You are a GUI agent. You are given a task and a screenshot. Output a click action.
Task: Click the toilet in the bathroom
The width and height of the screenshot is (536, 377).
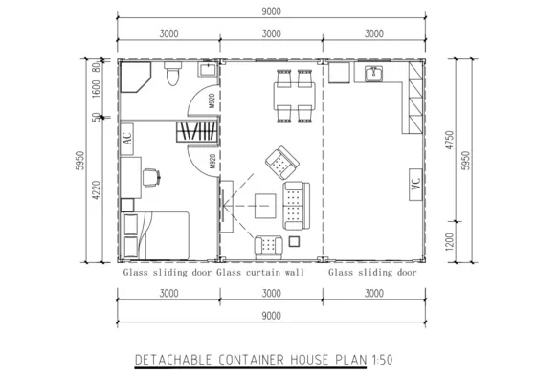[x=170, y=75]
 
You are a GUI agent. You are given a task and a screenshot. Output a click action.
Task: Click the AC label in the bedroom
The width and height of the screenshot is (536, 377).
[x=127, y=138]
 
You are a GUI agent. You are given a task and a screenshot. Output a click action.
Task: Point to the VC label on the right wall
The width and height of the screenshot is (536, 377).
[x=415, y=186]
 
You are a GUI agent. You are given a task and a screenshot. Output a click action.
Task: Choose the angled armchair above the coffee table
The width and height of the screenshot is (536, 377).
[x=280, y=164]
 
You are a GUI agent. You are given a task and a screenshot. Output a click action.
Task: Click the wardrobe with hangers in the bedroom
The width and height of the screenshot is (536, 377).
[x=197, y=133]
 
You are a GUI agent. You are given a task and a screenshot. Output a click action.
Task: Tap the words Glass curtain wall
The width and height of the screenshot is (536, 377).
[x=261, y=272]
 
